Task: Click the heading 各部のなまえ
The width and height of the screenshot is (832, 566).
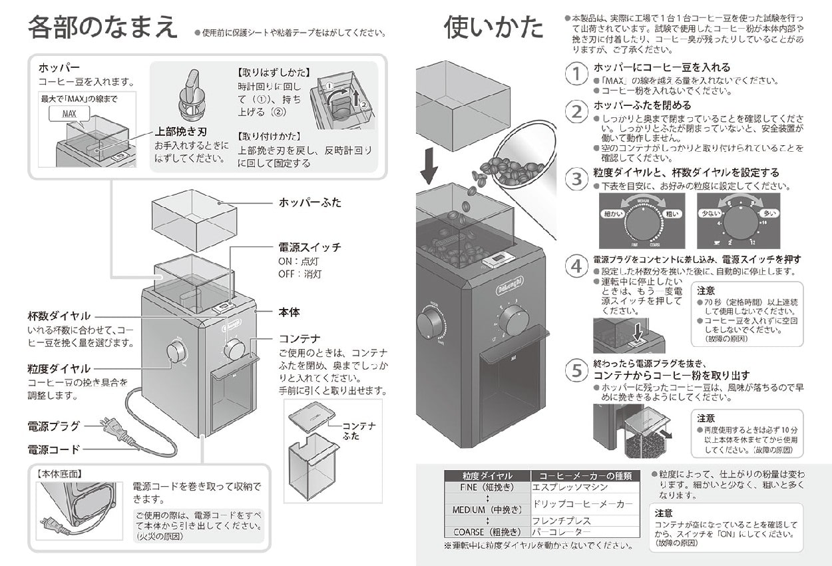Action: tap(103, 28)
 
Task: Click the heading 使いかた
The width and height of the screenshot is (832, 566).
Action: tap(493, 28)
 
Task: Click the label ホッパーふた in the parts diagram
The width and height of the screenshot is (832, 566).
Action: tap(310, 202)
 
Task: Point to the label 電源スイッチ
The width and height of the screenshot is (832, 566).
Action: tap(310, 247)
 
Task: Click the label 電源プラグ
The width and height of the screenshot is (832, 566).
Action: tap(54, 426)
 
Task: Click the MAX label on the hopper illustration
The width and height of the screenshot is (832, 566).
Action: tap(69, 114)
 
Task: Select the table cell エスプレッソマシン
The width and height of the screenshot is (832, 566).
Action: tap(564, 487)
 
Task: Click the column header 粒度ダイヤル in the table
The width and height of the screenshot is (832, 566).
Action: tap(487, 475)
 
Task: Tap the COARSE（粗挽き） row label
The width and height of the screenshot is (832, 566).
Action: tap(487, 532)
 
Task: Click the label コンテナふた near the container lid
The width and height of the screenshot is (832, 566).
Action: tap(359, 429)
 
